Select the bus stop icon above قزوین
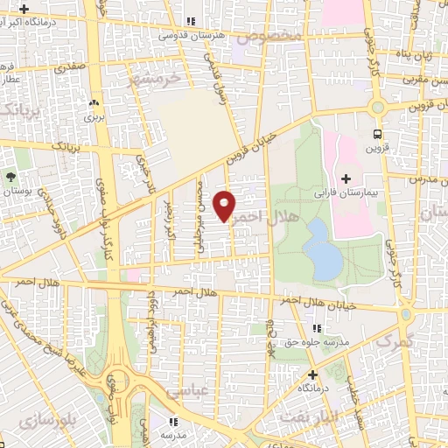coord(378,134)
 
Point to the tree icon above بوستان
coord(10,176)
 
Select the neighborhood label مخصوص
coord(274,37)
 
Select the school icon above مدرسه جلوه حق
coord(316,327)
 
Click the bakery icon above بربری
coord(93,99)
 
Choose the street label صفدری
coord(69,66)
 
